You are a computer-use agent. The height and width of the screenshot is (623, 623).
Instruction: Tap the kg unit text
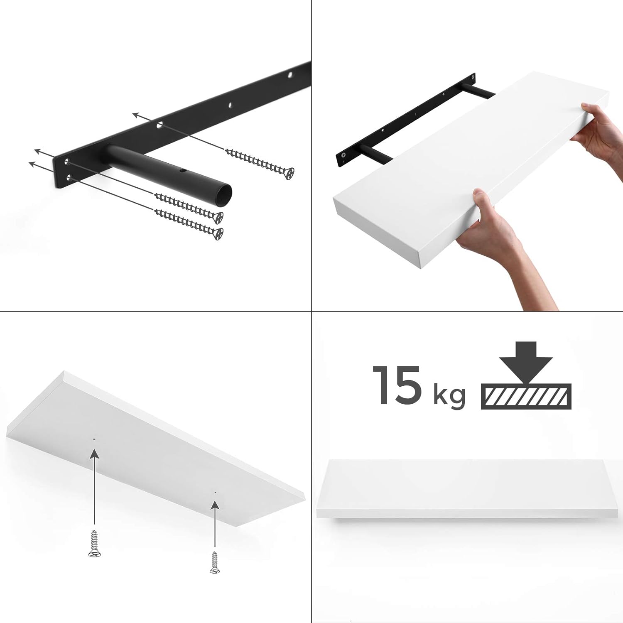tap(449, 397)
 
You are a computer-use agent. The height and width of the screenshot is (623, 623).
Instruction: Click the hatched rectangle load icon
tap(526, 396)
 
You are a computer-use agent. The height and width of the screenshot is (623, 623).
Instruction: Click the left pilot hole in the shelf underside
tap(95, 439)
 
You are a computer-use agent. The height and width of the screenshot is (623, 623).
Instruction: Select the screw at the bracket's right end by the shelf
tap(472, 77)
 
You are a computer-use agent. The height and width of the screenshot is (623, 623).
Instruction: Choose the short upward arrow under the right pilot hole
tap(215, 523)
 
